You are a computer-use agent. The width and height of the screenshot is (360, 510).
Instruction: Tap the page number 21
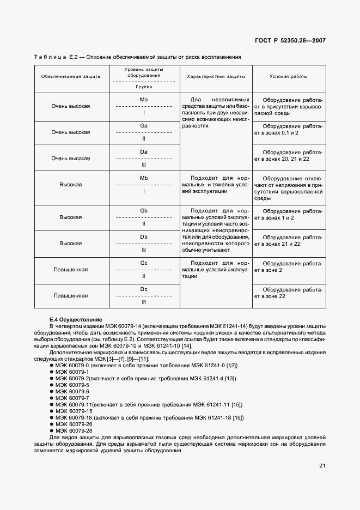322,465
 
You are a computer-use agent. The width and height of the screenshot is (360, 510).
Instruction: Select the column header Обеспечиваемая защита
71,77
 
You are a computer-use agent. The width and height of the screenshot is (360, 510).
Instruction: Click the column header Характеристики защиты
216,77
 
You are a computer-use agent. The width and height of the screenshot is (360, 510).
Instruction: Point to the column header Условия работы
289,77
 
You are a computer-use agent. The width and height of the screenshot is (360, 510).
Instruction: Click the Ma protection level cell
144,106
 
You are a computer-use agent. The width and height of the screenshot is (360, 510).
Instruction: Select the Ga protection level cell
144,132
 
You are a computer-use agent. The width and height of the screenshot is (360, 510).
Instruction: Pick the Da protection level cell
144,158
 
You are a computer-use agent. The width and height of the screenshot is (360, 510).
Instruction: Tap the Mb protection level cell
144,185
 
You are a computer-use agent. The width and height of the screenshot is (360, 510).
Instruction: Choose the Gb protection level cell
144,217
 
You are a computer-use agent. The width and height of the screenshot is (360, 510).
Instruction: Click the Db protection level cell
144,243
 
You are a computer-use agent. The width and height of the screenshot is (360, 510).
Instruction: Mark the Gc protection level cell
144,270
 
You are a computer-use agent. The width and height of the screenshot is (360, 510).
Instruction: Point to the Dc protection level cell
144,295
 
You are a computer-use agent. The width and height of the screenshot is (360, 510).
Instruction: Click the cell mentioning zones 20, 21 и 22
289,155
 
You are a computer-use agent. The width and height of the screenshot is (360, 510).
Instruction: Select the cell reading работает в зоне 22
289,293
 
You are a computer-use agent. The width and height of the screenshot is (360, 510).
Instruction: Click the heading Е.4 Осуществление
75,319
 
